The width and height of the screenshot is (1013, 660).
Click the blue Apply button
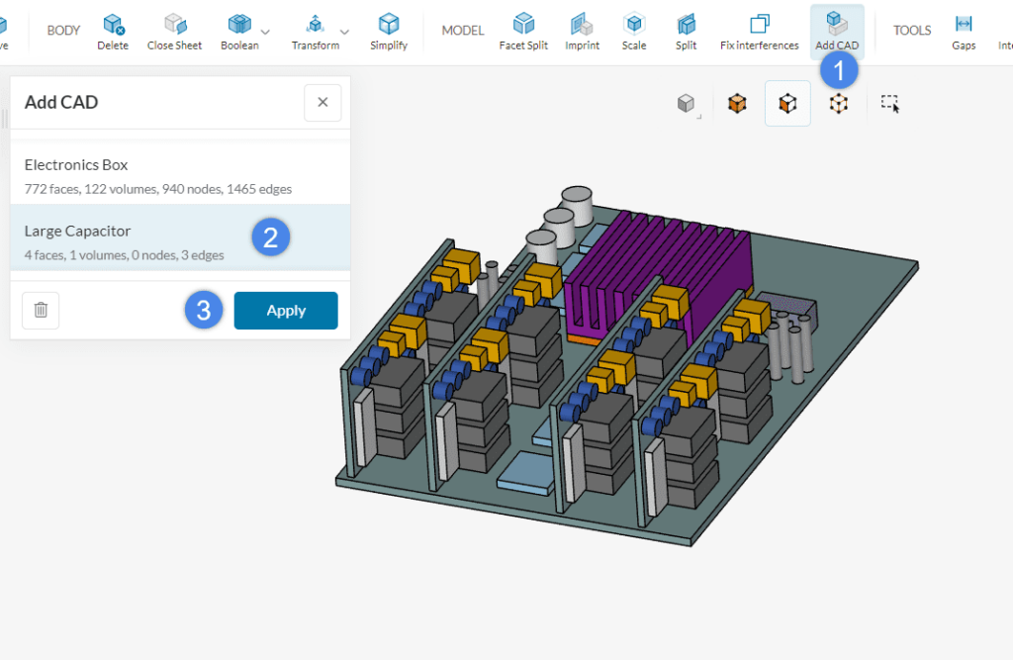point(286,311)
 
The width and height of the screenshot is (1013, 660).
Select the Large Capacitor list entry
point(129,239)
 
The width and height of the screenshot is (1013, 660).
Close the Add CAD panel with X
point(322,103)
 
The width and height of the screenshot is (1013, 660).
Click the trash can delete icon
point(41,310)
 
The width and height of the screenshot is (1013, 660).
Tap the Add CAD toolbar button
point(837,32)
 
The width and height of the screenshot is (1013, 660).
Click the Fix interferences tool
point(759,32)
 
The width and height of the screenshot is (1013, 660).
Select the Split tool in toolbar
point(686,32)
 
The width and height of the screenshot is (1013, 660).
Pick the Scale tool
point(634,32)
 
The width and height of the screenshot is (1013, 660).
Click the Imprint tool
point(582,32)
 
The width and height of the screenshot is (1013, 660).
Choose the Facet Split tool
point(523,32)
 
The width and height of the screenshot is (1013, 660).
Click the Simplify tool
point(389,32)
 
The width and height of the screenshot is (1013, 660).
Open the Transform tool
point(316,32)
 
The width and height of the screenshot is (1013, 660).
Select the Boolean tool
point(239,32)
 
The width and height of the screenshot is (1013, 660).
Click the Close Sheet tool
point(175,32)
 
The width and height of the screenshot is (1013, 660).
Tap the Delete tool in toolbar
point(113,32)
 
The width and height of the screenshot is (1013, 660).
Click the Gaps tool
point(964,32)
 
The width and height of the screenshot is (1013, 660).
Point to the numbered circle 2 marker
point(270,236)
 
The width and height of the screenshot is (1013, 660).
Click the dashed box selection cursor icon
point(890,104)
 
